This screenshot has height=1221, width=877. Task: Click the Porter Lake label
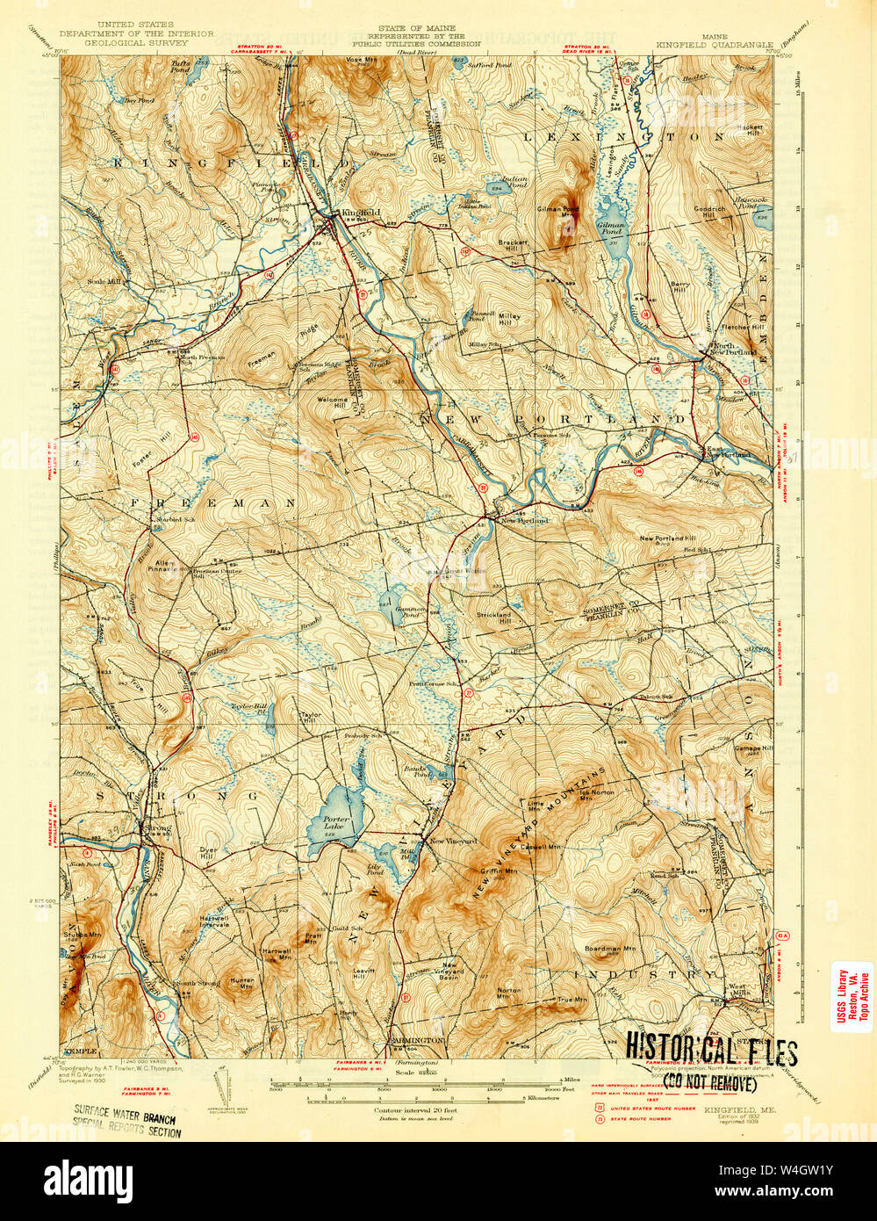pyautogui.click(x=335, y=823)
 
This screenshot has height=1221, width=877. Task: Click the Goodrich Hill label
pyautogui.click(x=709, y=213)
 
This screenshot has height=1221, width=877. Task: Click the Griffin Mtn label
pyautogui.click(x=498, y=871)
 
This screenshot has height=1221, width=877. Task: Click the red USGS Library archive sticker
pyautogui.click(x=851, y=997)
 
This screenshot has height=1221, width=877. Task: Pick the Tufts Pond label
pyautogui.click(x=181, y=66)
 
